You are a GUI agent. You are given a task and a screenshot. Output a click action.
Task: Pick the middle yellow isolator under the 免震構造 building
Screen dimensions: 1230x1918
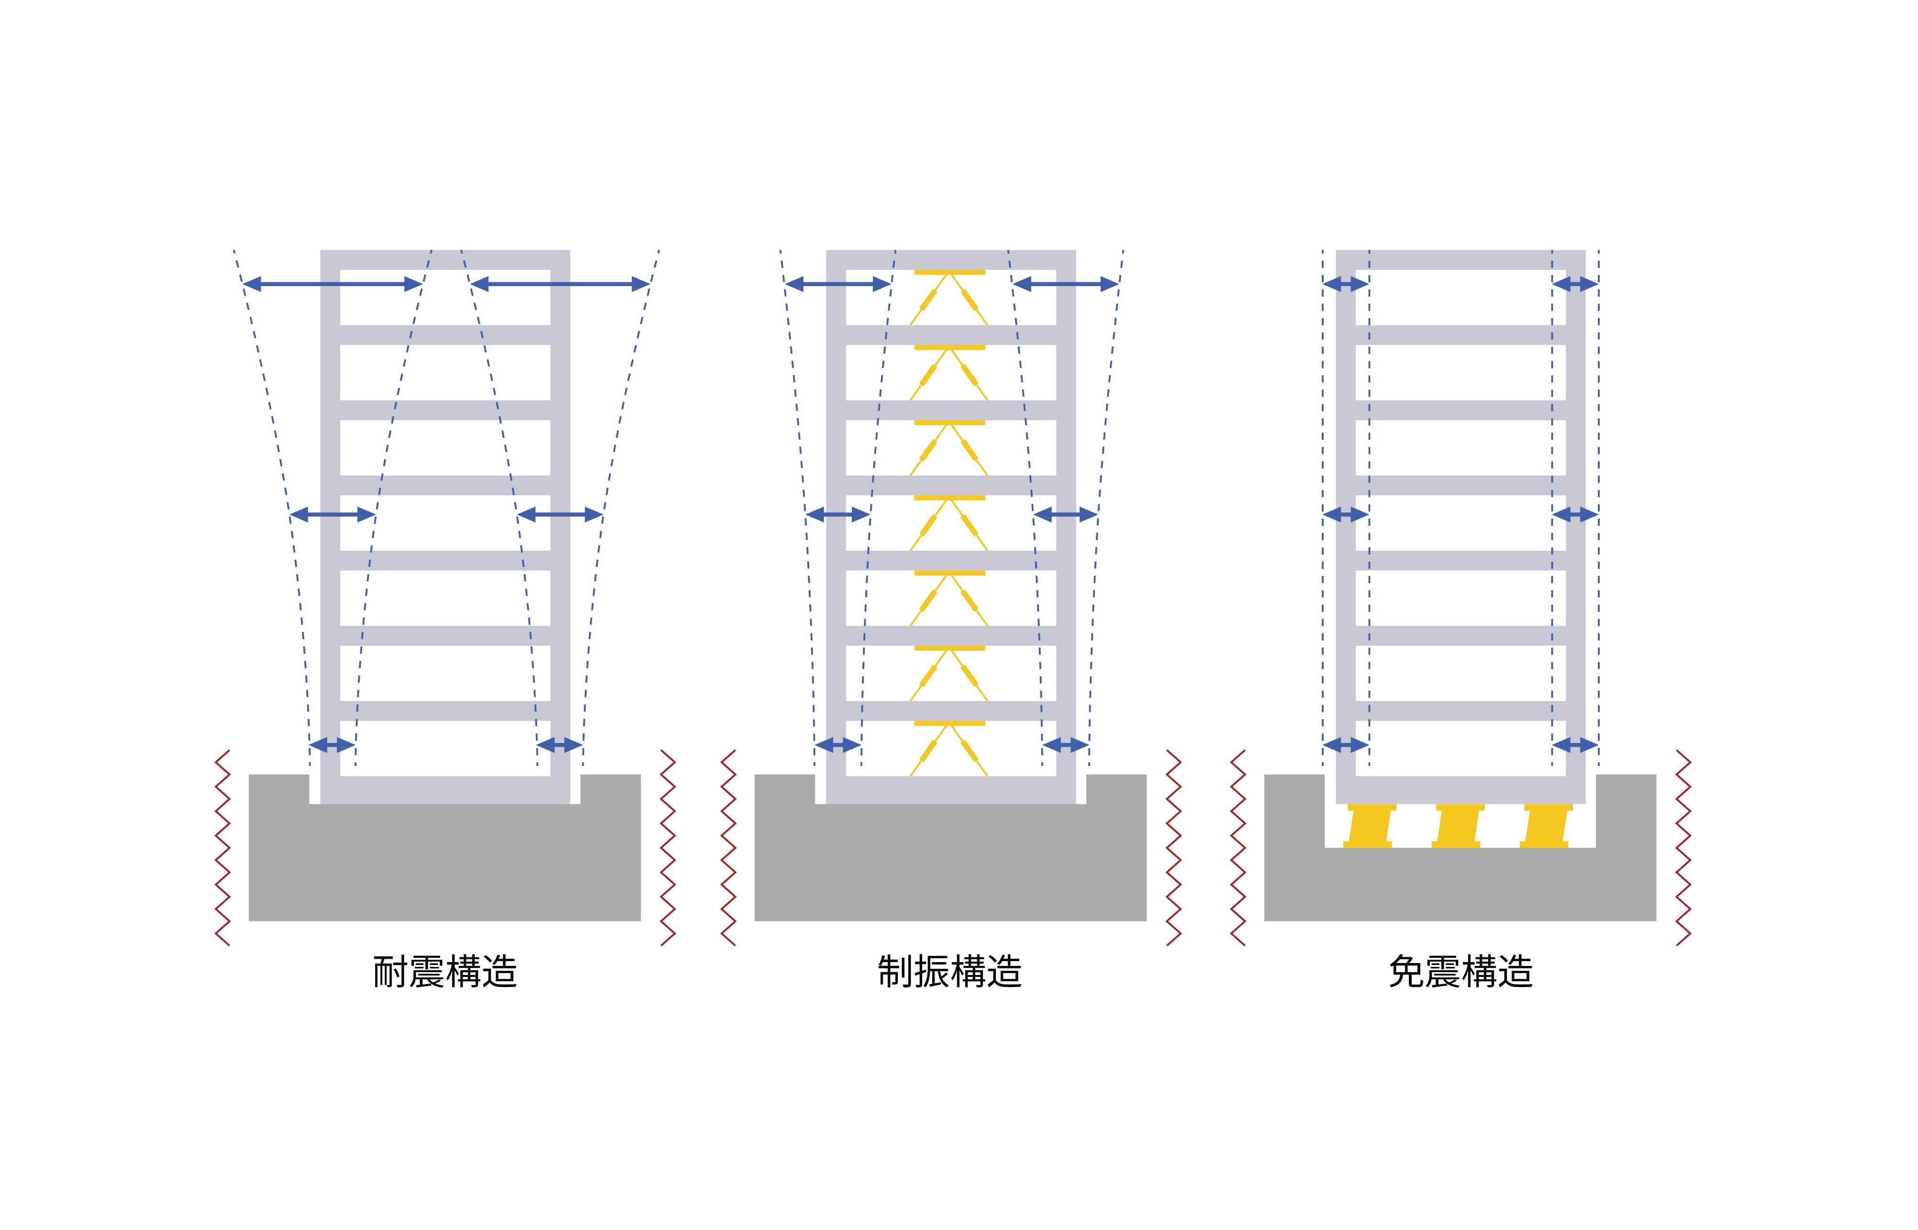point(1459,826)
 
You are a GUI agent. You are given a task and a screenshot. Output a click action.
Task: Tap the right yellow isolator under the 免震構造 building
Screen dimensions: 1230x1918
point(1547,826)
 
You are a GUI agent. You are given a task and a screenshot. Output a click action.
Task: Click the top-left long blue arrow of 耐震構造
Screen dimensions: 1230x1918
point(332,284)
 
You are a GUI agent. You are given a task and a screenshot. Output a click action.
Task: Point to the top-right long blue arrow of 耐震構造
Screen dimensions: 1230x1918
point(559,284)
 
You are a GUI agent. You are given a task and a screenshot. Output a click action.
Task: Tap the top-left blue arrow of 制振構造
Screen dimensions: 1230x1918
point(837,284)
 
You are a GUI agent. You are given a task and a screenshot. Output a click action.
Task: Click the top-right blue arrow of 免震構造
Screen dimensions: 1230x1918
point(1574,284)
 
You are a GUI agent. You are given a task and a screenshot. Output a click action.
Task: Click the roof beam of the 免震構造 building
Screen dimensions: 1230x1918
point(1460,260)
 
